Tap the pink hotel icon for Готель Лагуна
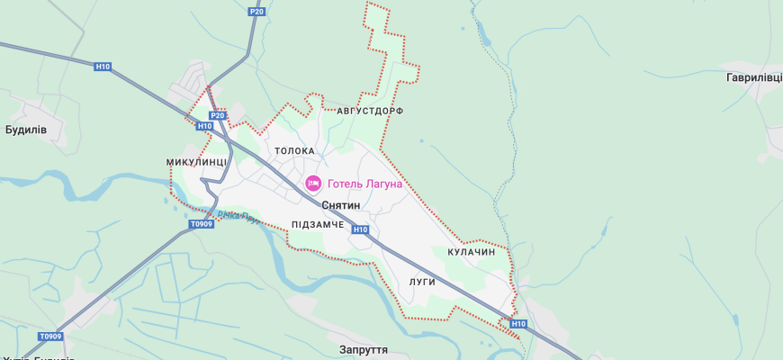[313, 184]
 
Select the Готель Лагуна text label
[364, 184]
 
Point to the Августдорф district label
[370, 111]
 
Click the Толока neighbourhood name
[294, 151]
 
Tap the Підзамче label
[318, 224]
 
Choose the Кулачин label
[472, 253]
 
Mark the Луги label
[422, 282]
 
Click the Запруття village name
[364, 349]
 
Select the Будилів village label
[26, 130]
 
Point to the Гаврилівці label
[754, 78]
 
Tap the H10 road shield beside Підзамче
[360, 229]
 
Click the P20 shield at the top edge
[256, 12]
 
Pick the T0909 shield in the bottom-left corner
[50, 337]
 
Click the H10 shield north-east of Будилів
[103, 66]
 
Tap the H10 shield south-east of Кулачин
[517, 323]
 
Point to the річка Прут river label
[239, 216]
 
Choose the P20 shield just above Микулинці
[217, 115]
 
